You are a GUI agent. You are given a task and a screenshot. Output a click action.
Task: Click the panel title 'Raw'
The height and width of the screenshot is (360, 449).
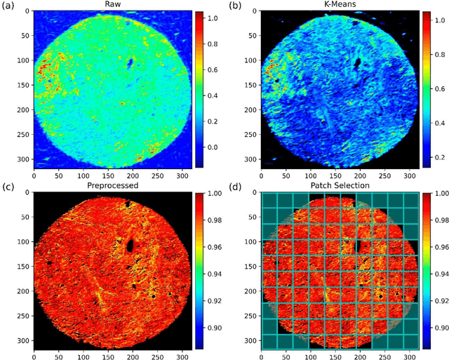coord(112,5)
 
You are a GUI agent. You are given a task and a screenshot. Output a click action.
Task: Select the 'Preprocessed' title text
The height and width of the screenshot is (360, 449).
coord(112,187)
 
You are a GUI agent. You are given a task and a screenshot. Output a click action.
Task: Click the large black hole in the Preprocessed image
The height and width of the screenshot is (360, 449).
coord(130,246)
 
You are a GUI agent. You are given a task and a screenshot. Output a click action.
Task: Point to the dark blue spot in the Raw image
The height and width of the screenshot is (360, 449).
coord(130,63)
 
